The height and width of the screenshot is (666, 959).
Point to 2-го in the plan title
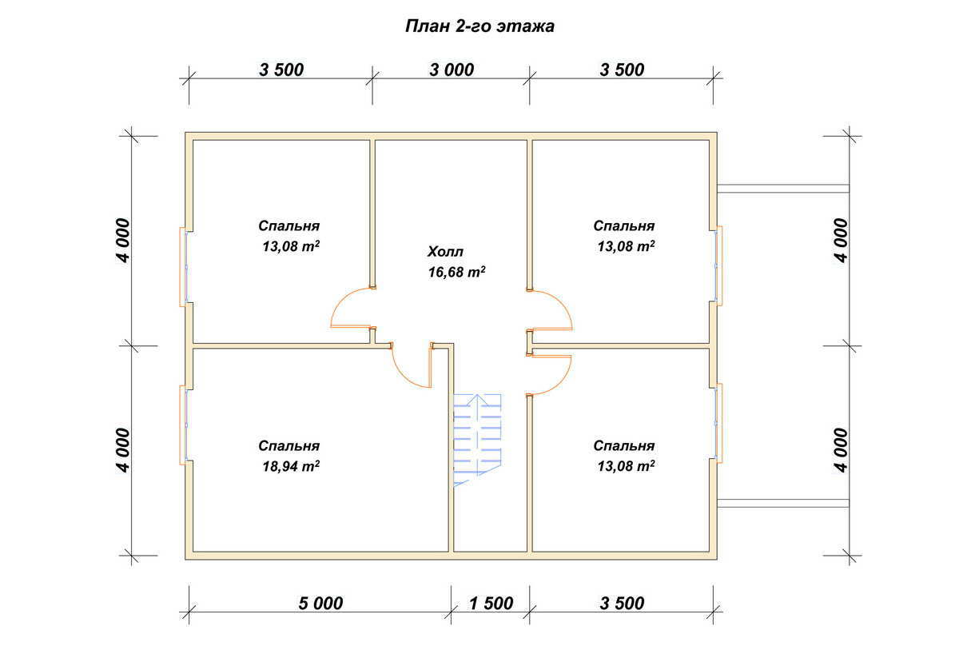pyautogui.click(x=473, y=26)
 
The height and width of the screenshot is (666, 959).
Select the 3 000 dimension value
pyautogui.click(x=452, y=70)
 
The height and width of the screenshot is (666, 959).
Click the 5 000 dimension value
pyautogui.click(x=320, y=604)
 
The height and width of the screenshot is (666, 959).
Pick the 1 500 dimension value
pyautogui.click(x=491, y=604)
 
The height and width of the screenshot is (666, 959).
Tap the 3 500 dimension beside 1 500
pyautogui.click(x=622, y=604)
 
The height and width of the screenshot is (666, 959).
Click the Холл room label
pyautogui.click(x=445, y=251)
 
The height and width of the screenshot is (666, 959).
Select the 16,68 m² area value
pyautogui.click(x=457, y=272)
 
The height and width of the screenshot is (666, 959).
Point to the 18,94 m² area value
pyautogui.click(x=291, y=466)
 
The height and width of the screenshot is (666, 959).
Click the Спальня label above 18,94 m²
pyautogui.click(x=289, y=446)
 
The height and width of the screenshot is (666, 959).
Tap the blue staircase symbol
pyautogui.click(x=477, y=440)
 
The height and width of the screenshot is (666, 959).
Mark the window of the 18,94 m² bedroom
pyautogui.click(x=184, y=425)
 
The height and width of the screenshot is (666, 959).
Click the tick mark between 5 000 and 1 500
pyautogui.click(x=451, y=612)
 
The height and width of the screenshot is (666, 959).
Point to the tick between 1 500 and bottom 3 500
pyautogui.click(x=530, y=612)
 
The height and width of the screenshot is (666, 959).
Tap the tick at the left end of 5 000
pyautogui.click(x=189, y=612)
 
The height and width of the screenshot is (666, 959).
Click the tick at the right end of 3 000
pyautogui.click(x=530, y=78)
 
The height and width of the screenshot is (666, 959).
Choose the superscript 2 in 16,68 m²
pyautogui.click(x=483, y=269)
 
